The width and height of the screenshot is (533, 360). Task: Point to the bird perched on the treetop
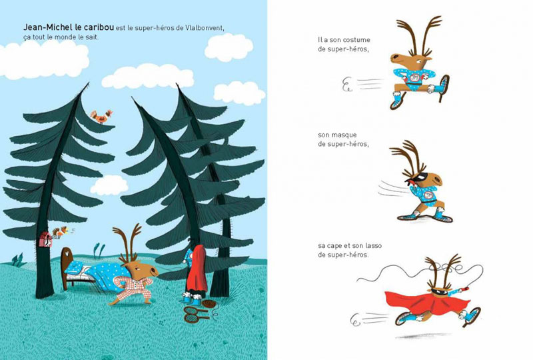click(101, 117)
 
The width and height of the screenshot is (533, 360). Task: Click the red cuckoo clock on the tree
click(45, 239)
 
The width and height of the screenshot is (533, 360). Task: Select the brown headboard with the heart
click(67, 268)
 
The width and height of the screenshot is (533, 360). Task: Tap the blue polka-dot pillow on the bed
click(75, 268)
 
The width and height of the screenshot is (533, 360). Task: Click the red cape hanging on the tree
click(197, 271)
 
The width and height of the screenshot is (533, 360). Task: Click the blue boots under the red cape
click(192, 298)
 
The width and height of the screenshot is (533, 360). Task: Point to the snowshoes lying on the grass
click(196, 314)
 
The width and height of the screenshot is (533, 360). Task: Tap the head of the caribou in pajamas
click(143, 269)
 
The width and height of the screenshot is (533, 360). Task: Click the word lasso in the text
click(373, 246)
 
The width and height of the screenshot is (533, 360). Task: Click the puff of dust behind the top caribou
click(346, 85)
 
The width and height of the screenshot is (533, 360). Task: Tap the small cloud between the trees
click(109, 185)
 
